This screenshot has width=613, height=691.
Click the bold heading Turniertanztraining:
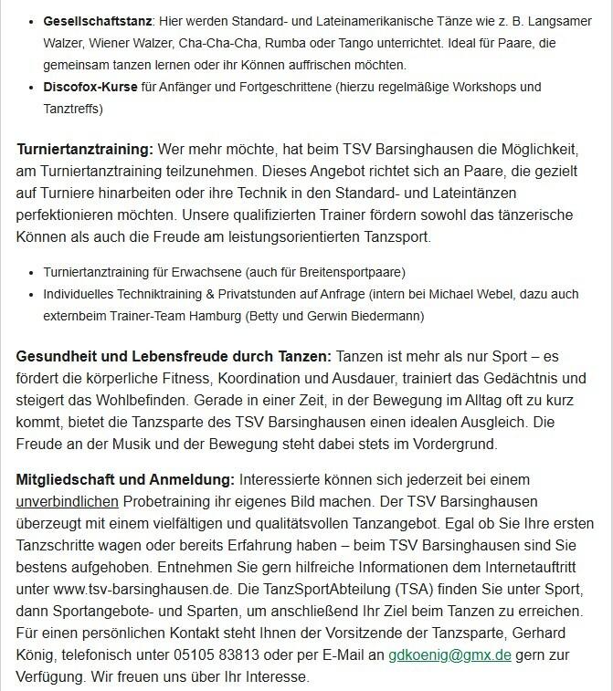[84, 148]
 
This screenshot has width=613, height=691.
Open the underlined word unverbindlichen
[68, 502]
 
